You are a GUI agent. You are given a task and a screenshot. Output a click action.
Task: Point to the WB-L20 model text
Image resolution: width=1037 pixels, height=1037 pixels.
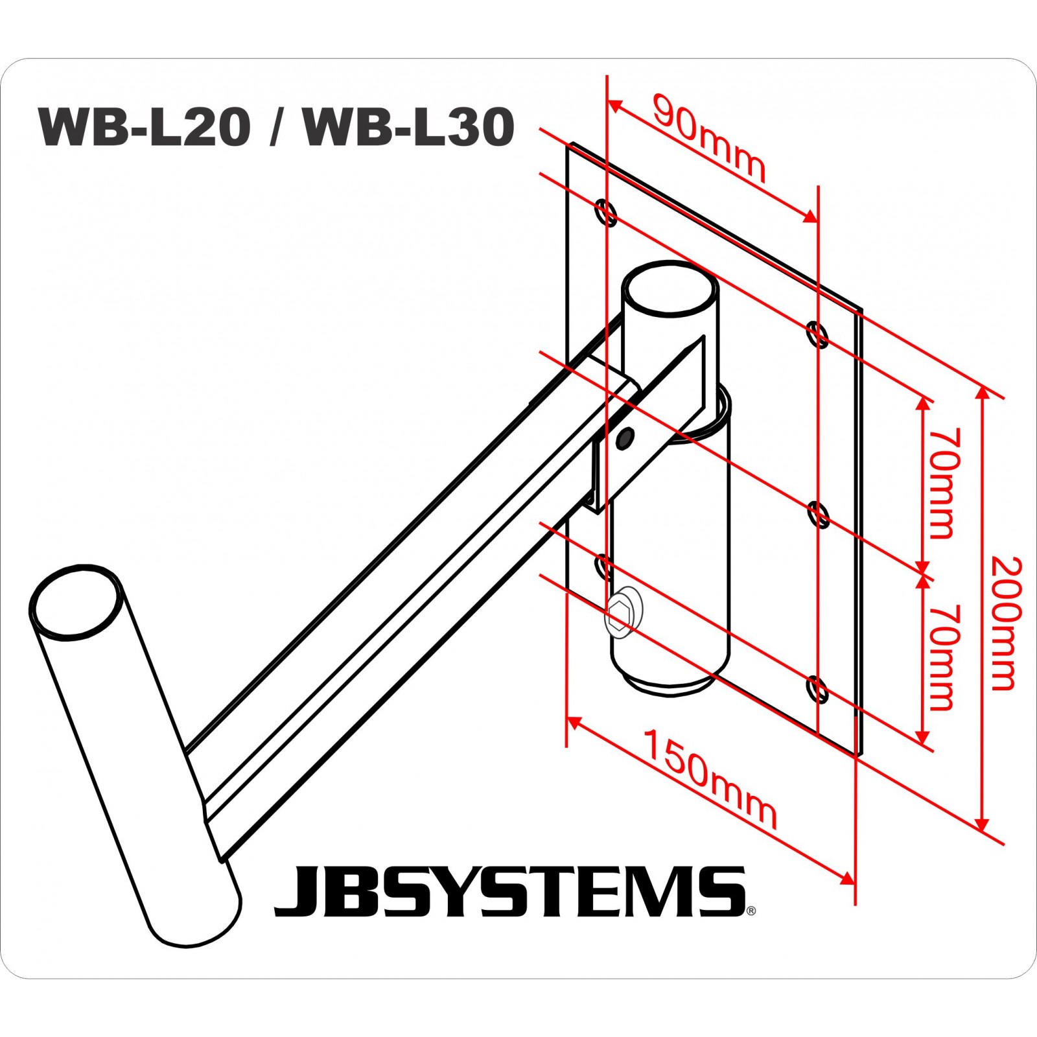click(144, 127)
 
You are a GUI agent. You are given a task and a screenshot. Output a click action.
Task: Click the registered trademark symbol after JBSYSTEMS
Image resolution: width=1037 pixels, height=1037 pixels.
click(751, 911)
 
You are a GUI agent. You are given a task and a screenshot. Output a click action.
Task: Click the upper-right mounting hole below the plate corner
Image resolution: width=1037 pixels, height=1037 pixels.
click(818, 334)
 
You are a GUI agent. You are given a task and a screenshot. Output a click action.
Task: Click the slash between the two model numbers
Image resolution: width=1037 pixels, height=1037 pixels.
click(277, 127)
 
